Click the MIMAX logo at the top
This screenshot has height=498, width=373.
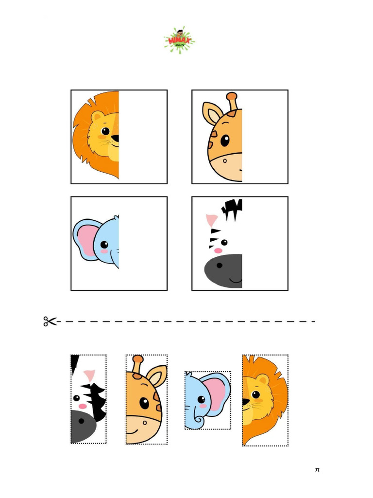(179, 40)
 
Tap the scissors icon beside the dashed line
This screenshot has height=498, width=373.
(50, 321)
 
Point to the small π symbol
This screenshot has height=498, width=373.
(317, 470)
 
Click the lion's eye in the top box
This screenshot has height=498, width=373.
(105, 131)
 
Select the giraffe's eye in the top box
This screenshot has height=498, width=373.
(225, 141)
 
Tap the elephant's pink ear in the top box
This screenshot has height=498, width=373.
(86, 239)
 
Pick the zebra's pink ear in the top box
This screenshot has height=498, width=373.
(212, 220)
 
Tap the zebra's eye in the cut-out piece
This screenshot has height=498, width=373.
(77, 398)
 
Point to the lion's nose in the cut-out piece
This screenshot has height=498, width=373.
(246, 402)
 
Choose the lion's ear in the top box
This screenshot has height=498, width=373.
(98, 117)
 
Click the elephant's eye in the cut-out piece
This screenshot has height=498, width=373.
(201, 399)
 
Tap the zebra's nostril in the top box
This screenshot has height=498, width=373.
(220, 266)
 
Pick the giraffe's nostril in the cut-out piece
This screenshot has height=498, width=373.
(144, 423)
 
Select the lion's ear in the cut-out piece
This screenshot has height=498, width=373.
(263, 380)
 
